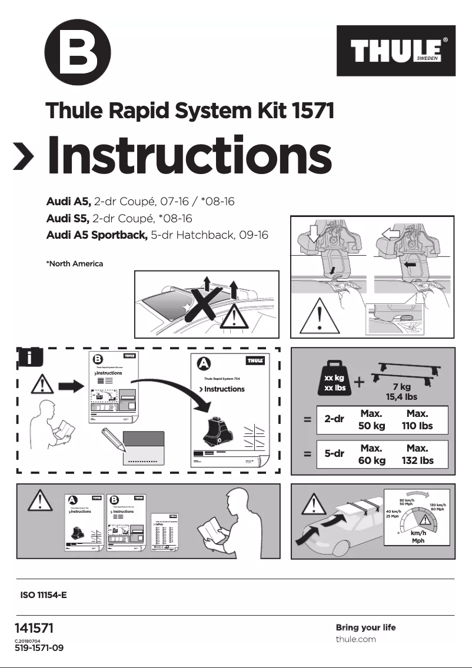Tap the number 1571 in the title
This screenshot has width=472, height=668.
[x=304, y=110]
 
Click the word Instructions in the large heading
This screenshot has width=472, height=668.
[x=189, y=155]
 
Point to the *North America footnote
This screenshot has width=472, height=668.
[x=74, y=263]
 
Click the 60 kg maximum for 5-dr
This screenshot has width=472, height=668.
[x=372, y=460]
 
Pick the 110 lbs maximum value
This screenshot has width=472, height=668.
[x=417, y=426]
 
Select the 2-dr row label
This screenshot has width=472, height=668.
[x=334, y=420]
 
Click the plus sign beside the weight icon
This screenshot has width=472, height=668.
[x=360, y=382]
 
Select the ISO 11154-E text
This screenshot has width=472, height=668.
[x=44, y=595]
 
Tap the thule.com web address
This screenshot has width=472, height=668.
[x=355, y=639]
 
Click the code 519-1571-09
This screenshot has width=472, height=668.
[x=39, y=648]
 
